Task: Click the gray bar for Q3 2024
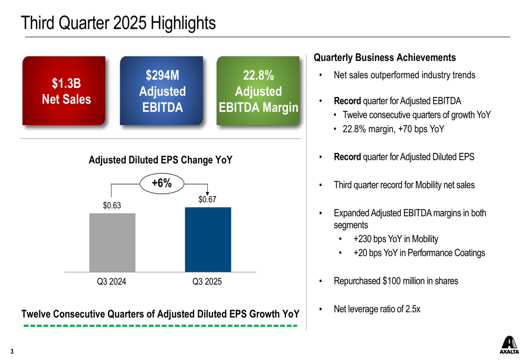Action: point(112,242)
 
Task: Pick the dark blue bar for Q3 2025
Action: point(208,239)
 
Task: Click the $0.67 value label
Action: point(207,200)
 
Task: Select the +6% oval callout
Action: point(161,183)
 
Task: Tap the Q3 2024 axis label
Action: point(112,282)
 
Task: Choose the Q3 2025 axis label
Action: point(207,282)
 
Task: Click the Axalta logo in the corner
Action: point(509,345)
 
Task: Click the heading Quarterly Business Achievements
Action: point(385,58)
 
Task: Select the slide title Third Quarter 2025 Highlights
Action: point(118,23)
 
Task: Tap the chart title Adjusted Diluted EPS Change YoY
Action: point(160,160)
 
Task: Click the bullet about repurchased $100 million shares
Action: point(396,281)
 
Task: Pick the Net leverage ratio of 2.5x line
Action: point(377,309)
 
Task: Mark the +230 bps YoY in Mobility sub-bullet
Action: point(396,239)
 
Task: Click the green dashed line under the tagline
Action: point(160,326)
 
